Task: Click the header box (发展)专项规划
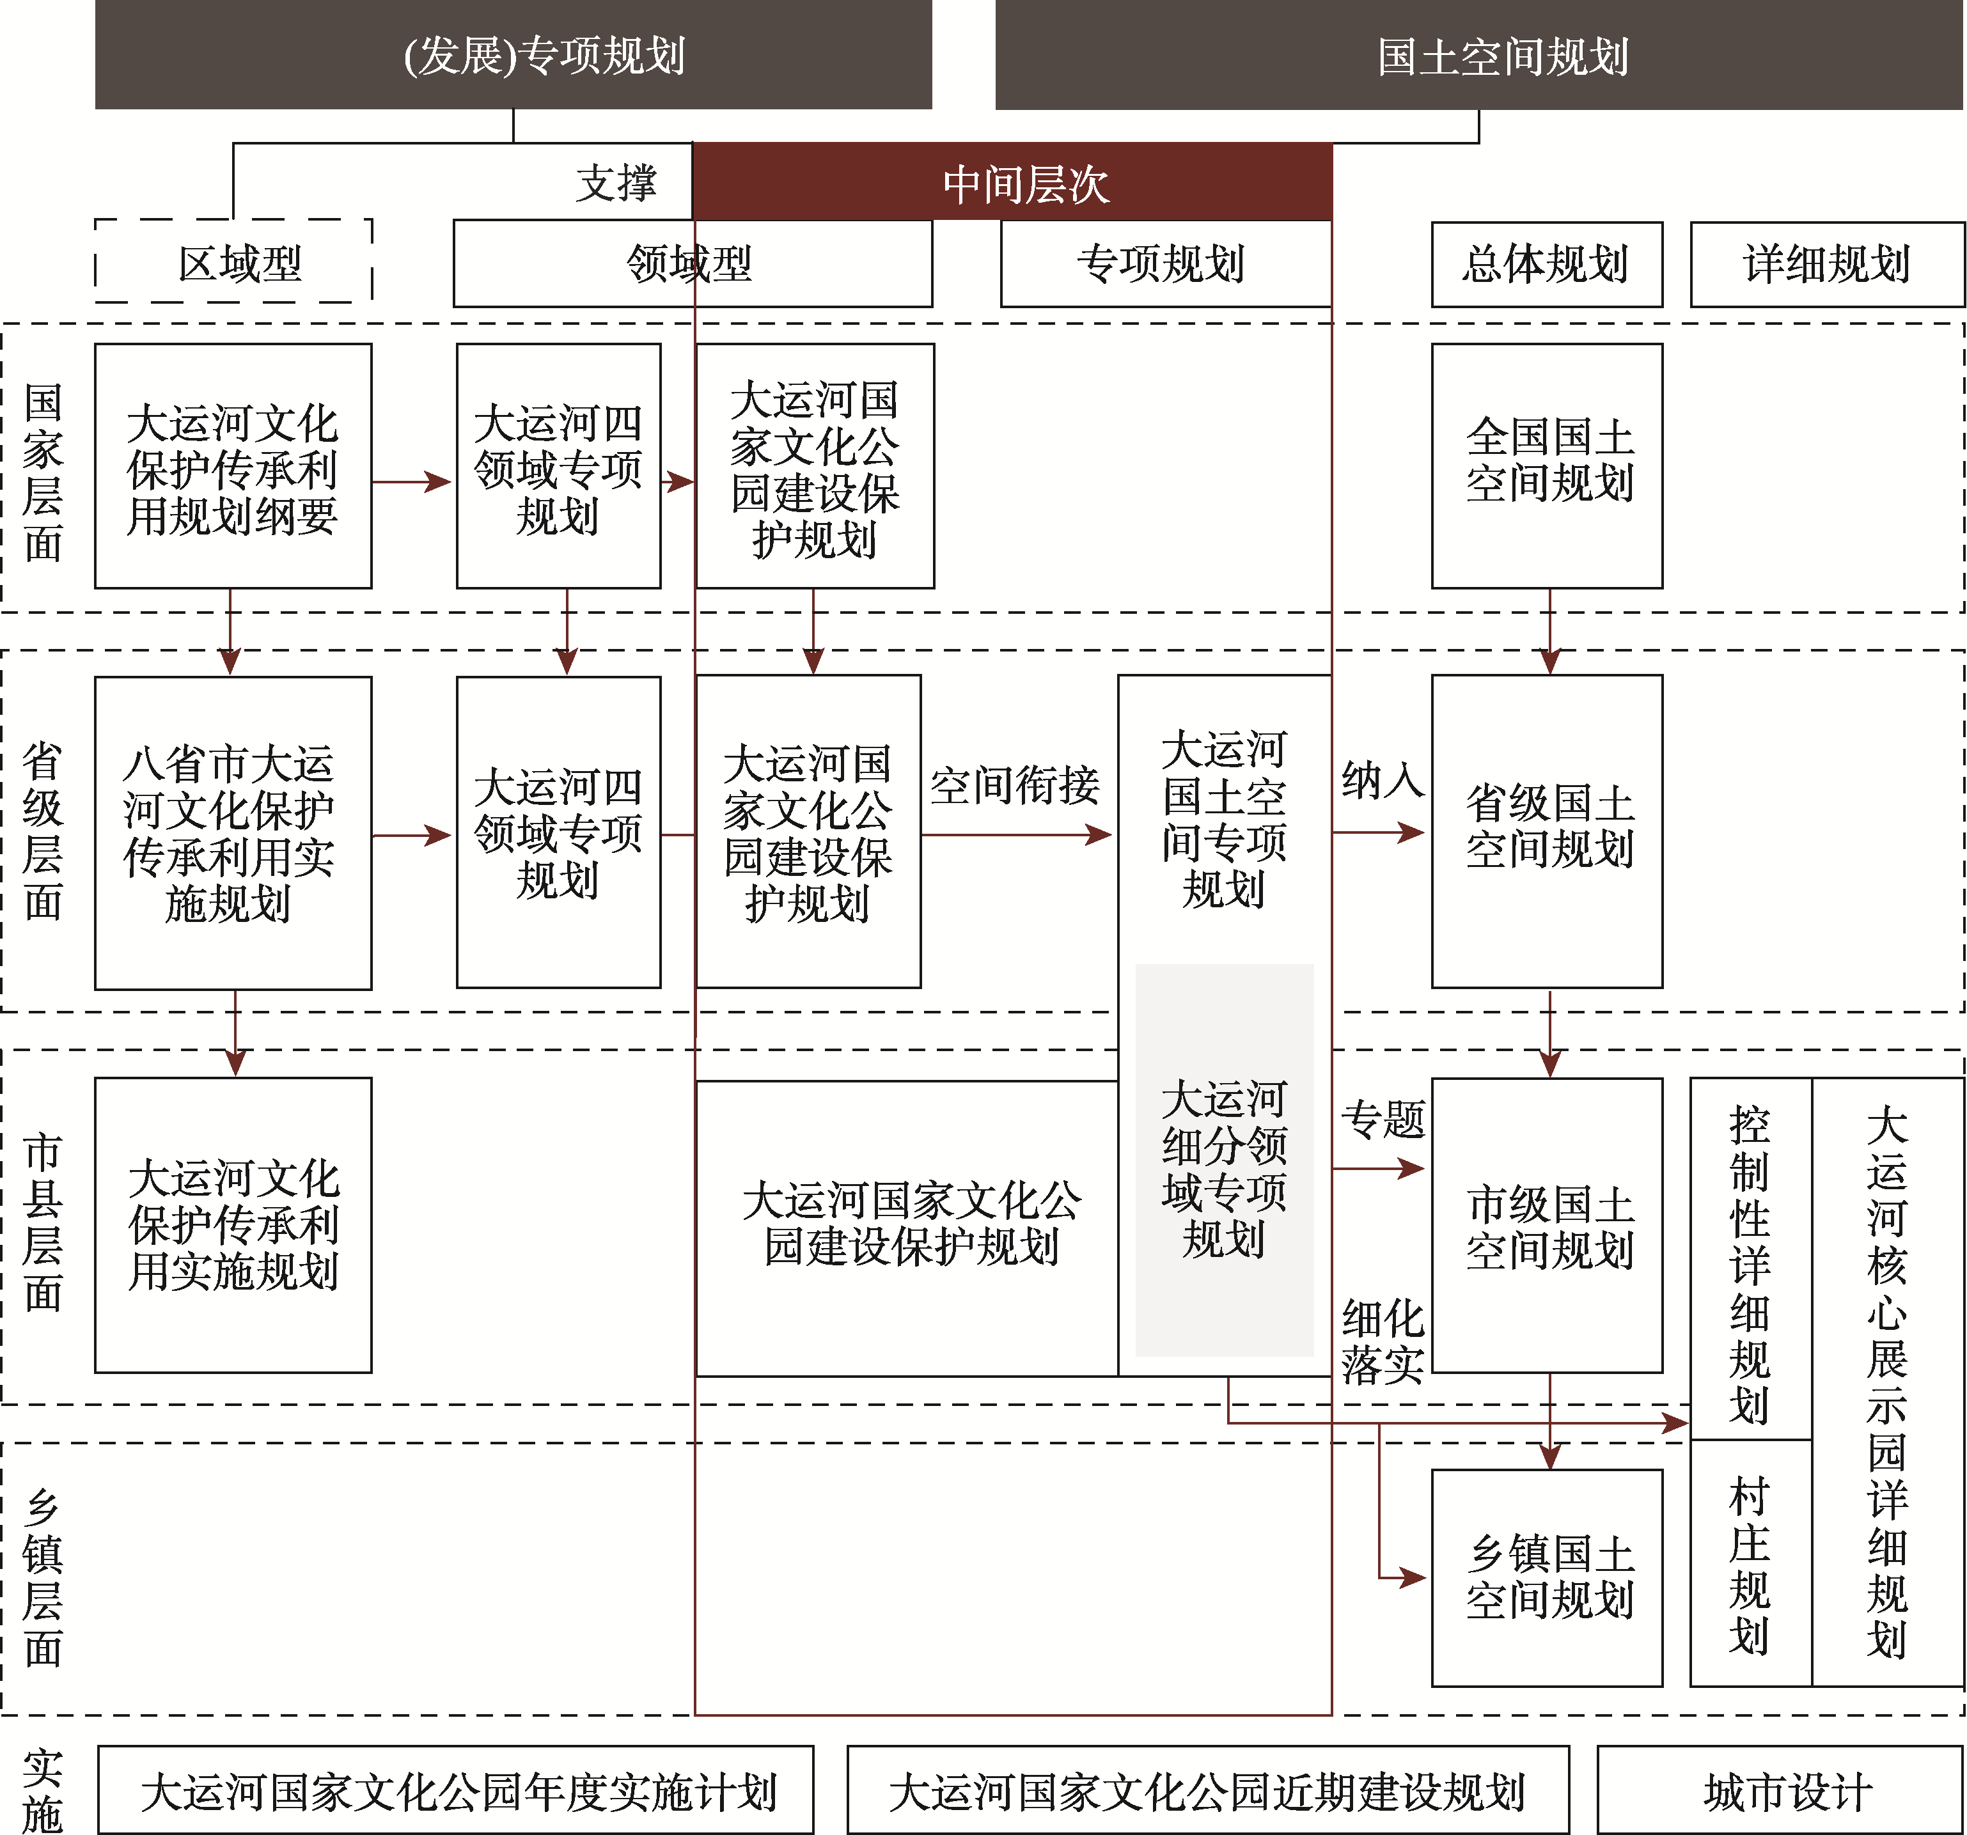click(513, 54)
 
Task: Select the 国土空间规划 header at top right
click(1479, 54)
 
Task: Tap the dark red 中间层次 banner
click(1012, 182)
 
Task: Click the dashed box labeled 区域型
click(233, 261)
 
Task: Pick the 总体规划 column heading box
click(1546, 264)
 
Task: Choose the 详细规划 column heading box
click(1826, 264)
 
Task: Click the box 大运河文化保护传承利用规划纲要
click(233, 466)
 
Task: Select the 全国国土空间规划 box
click(1546, 466)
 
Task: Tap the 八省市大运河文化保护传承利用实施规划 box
click(233, 833)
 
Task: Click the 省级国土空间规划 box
click(1546, 832)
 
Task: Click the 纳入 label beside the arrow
click(1383, 779)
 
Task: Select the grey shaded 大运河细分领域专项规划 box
click(1224, 1159)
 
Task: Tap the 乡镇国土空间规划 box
click(1546, 1578)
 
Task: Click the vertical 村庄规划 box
click(1750, 1563)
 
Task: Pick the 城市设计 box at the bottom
click(1781, 1790)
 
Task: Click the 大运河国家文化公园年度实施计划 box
click(456, 1790)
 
